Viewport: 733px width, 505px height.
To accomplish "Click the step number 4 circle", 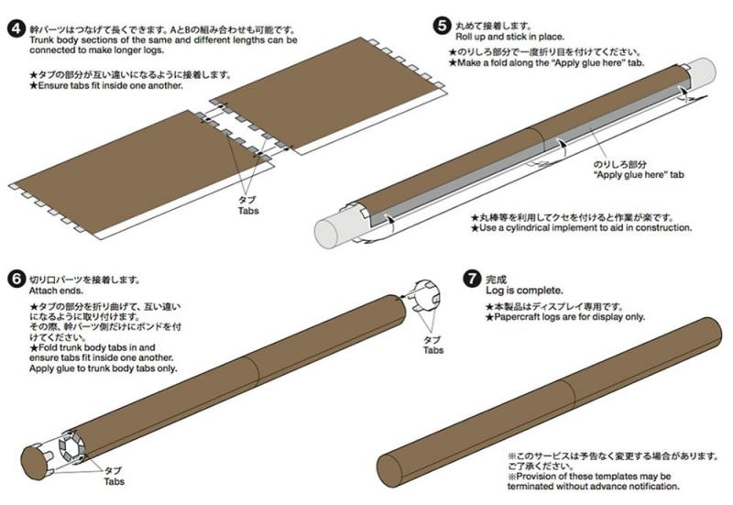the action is point(16,29).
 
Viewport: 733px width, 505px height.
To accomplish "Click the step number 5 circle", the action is point(442,26).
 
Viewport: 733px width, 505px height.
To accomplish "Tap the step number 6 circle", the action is point(16,280).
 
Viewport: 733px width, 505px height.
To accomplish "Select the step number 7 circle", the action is point(472,279).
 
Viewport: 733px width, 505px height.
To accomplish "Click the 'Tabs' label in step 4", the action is point(248,211).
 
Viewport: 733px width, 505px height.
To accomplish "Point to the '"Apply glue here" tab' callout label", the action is point(638,175).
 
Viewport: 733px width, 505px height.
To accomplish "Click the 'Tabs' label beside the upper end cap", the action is point(433,350).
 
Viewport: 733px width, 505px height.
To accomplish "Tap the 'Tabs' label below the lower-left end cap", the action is point(114,481).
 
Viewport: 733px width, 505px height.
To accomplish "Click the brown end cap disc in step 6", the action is point(35,463).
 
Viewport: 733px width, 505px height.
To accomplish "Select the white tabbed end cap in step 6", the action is point(425,294).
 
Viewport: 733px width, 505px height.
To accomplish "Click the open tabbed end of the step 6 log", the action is point(71,446).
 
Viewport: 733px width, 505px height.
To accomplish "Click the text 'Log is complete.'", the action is point(524,291).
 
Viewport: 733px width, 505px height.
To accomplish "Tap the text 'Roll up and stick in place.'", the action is point(509,37).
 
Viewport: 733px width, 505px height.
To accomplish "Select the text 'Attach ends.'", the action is point(56,291).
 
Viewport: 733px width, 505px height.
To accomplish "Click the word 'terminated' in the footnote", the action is point(531,487).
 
